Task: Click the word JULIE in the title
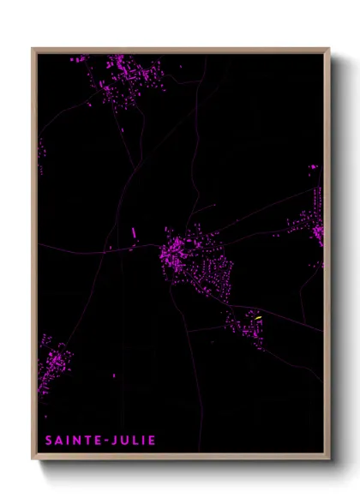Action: pos(133,441)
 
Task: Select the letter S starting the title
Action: pos(49,441)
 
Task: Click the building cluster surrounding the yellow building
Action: pos(244,326)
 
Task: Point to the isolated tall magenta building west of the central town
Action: pos(134,232)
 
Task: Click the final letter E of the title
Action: pos(153,441)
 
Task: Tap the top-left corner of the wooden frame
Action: pos(33,49)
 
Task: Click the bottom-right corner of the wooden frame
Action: pos(329,460)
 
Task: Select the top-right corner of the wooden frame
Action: pos(329,49)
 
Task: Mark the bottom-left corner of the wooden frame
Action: pos(33,460)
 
